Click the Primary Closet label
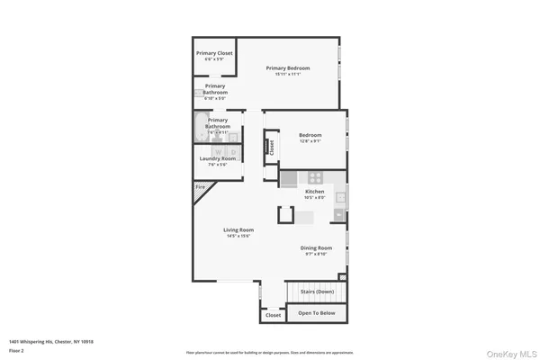(214, 53)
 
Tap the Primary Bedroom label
(288, 68)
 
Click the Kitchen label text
(314, 192)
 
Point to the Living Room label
(238, 229)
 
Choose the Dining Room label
(316, 247)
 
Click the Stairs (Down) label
(318, 292)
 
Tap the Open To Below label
(317, 314)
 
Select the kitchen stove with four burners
(316, 177)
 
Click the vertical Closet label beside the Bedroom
(269, 147)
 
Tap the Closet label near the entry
(273, 315)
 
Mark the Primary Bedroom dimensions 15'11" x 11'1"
(288, 74)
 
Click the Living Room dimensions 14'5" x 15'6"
(238, 236)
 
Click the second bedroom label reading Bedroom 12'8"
(310, 136)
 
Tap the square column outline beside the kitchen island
(286, 214)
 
